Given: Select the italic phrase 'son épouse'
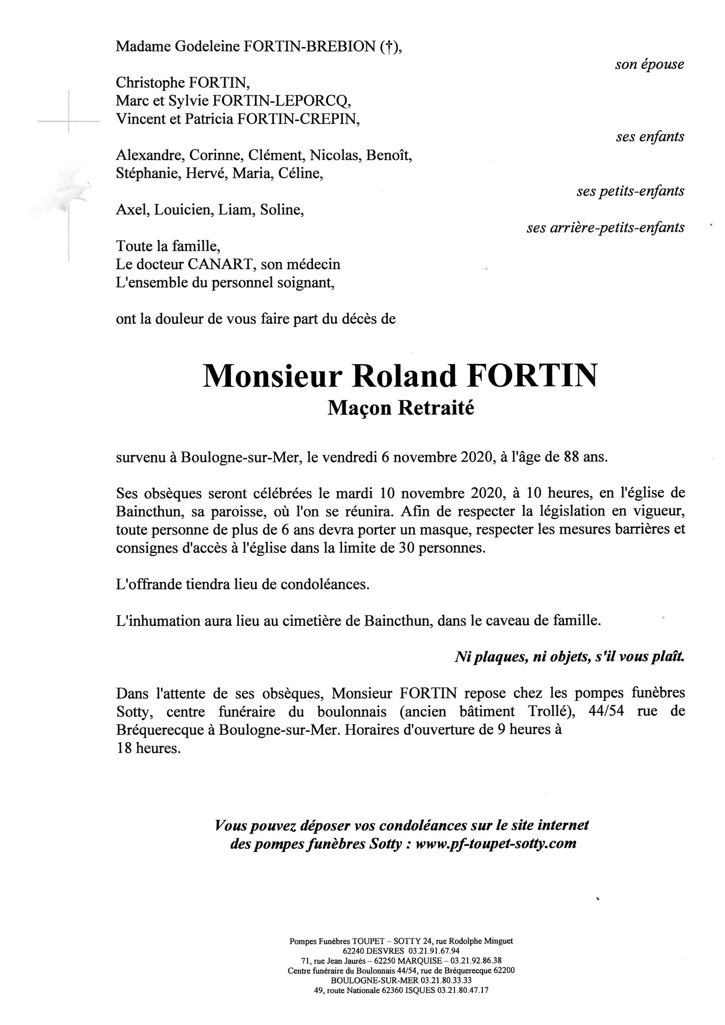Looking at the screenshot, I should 649,64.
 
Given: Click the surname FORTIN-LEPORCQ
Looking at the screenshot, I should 281,101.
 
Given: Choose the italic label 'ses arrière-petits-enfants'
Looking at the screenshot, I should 605,228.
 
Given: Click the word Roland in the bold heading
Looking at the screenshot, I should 404,376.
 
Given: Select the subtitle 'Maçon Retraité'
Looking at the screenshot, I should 400,408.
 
